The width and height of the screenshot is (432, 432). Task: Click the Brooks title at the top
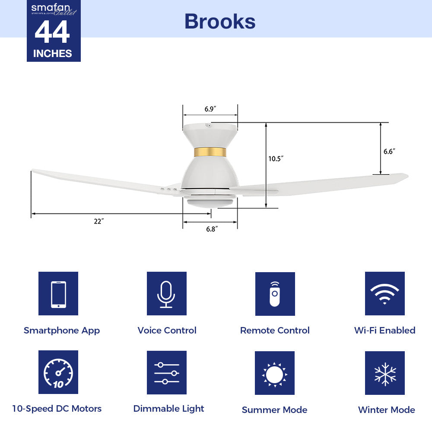tap(219, 21)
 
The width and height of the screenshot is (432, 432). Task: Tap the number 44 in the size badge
tap(52, 33)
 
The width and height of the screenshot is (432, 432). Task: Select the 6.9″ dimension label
tap(210, 109)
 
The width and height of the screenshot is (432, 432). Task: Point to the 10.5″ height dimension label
tap(275, 159)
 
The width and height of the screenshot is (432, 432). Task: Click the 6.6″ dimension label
tap(389, 151)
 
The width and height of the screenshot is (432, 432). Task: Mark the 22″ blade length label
tap(98, 221)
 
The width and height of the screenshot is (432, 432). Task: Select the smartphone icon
tap(58, 294)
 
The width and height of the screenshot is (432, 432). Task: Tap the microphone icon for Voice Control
tap(166, 294)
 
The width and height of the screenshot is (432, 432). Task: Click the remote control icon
tap(275, 294)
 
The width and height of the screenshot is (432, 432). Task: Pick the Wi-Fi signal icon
tap(384, 294)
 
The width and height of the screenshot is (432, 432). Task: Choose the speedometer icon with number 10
tap(58, 372)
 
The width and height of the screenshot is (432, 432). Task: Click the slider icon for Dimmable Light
tap(166, 372)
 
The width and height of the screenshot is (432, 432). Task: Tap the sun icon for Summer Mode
tap(275, 373)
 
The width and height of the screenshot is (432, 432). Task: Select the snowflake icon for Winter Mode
tap(384, 373)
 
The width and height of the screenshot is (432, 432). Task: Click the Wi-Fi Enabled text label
tap(384, 330)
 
